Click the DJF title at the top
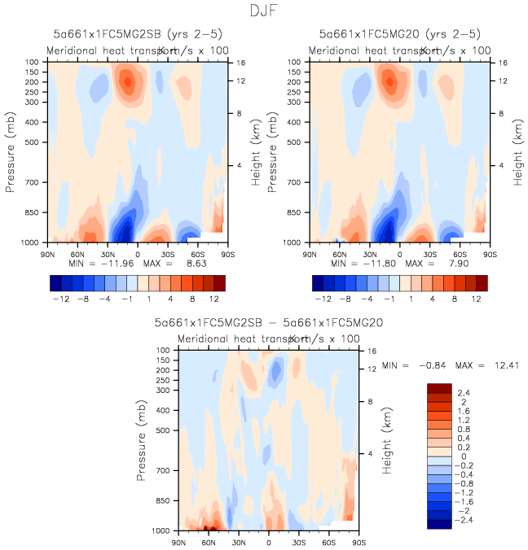tap(263, 12)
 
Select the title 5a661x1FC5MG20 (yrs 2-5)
tap(399, 34)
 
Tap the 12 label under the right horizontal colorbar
tap(475, 299)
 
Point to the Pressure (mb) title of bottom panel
tap(143, 440)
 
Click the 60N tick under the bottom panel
tap(209, 541)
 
